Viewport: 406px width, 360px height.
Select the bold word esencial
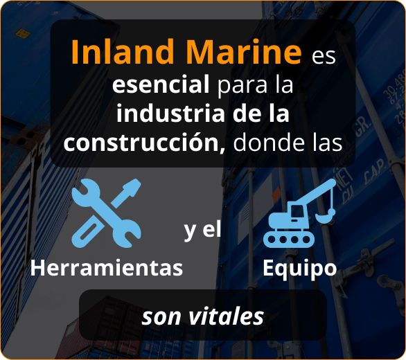(x=161, y=86)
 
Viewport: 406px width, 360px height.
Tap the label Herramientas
(x=107, y=268)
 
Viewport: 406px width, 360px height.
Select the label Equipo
(x=299, y=268)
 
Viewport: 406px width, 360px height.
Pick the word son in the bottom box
(x=159, y=316)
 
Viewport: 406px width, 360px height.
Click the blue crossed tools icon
(x=106, y=213)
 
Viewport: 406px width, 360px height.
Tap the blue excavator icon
(x=299, y=213)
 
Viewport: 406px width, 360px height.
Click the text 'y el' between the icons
(x=202, y=230)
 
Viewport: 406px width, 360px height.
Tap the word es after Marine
(x=324, y=55)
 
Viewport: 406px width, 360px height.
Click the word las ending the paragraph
(x=326, y=142)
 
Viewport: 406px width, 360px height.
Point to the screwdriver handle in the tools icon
(x=131, y=189)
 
